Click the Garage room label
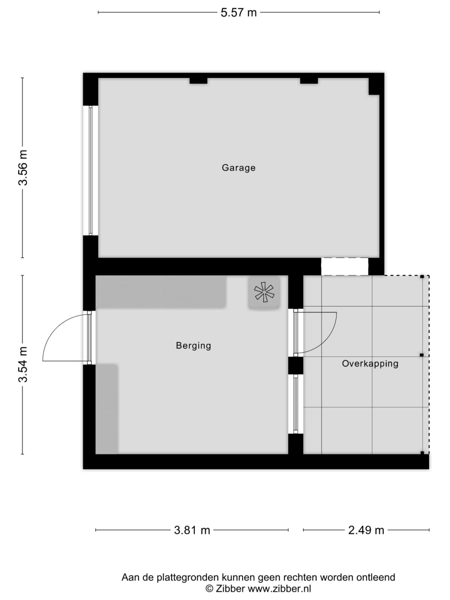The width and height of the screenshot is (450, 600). pos(238,168)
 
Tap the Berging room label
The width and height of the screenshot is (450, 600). pos(193,345)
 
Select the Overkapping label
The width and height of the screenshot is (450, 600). pos(370,363)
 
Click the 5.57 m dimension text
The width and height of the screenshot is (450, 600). pos(238,13)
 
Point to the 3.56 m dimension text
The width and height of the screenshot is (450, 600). pos(23,168)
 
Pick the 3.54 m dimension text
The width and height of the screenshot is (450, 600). pos(23,364)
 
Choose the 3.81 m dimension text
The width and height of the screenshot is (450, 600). pos(192,530)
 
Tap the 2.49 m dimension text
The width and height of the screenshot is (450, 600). pos(366,530)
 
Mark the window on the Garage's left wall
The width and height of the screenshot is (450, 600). pos(90,171)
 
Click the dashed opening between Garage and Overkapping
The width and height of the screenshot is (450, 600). pos(345,267)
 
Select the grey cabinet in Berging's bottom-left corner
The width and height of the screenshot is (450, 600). pos(107,409)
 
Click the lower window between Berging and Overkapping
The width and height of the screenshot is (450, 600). pos(296,404)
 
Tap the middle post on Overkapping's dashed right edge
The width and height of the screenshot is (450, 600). pos(421,355)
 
